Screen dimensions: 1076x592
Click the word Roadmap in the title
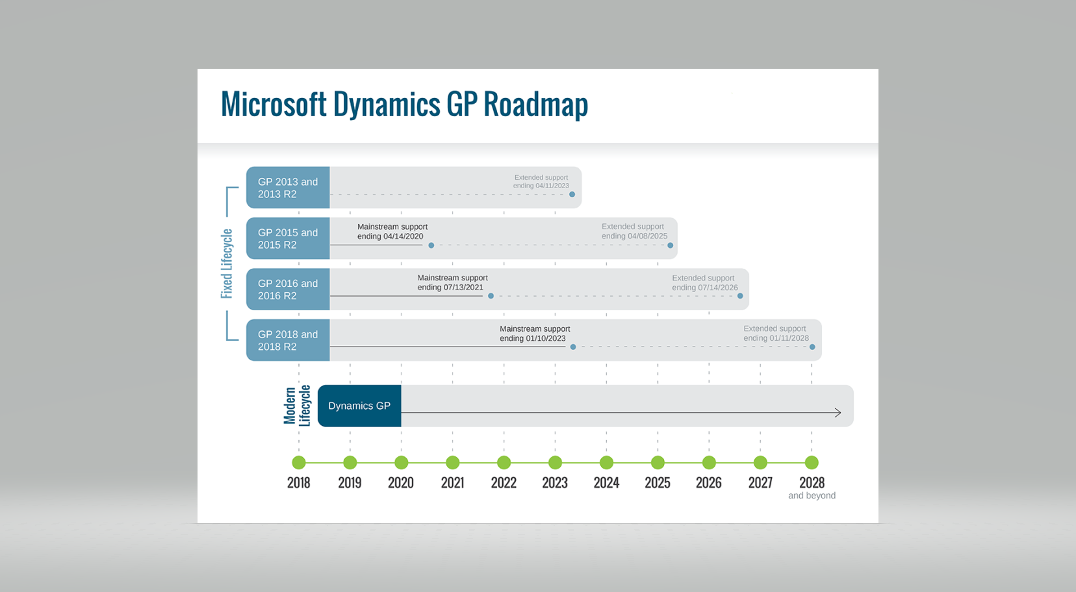tap(535, 104)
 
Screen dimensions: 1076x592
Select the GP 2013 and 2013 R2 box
tap(288, 188)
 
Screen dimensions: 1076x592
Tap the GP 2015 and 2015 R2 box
tap(288, 238)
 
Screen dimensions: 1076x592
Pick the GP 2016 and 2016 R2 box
tap(288, 290)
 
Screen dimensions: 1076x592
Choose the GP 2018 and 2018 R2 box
tap(288, 340)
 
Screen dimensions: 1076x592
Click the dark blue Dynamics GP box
tap(359, 406)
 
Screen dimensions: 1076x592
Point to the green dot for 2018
tap(299, 462)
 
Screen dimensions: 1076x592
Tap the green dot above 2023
tap(556, 462)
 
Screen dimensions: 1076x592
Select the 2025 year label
tap(658, 482)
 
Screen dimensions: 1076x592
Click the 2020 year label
tap(401, 482)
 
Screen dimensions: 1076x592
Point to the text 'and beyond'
tap(812, 495)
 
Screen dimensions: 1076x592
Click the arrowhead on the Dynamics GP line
tap(838, 413)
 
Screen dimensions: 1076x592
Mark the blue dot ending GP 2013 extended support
tap(572, 194)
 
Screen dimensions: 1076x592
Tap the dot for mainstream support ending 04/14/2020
tap(431, 245)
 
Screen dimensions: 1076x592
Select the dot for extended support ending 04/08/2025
tap(671, 245)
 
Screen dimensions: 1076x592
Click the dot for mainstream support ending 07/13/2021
tap(491, 296)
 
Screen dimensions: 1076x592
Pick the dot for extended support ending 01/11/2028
tap(812, 347)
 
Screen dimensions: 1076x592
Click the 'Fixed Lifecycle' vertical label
tap(227, 264)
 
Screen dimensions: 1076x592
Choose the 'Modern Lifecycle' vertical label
tap(298, 406)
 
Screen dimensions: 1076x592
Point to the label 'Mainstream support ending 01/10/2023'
tap(535, 334)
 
